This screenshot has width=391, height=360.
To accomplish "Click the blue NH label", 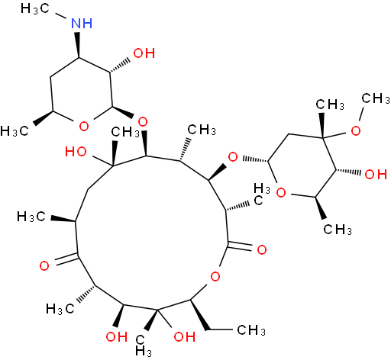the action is [82, 24].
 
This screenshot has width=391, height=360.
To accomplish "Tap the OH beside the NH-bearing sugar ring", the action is [144, 53].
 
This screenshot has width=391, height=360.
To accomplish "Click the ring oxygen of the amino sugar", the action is [84, 126].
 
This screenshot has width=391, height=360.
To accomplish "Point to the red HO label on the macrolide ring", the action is [76, 152].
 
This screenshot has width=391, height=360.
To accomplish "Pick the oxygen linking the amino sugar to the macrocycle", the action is [143, 122].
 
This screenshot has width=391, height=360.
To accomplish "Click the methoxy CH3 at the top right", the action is [376, 98].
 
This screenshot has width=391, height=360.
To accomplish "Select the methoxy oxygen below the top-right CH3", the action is [356, 130].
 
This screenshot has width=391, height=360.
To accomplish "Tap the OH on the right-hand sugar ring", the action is [376, 175].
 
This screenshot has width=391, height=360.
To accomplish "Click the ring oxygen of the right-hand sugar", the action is [281, 193].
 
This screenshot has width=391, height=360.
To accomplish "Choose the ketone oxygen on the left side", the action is [44, 266].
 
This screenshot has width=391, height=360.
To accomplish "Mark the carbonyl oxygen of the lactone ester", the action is [262, 249].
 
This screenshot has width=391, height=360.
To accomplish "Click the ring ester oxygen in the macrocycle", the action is [215, 276].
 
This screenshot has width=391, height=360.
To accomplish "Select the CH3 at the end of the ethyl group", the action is [251, 330].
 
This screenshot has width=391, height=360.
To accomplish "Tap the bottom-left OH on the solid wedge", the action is [117, 336].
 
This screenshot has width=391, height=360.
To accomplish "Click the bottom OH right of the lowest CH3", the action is [185, 336].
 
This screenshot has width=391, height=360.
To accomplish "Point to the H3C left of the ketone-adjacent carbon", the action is [31, 217].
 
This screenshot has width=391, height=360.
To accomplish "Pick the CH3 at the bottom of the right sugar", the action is [338, 230].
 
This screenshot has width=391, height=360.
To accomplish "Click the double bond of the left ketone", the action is [66, 259].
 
